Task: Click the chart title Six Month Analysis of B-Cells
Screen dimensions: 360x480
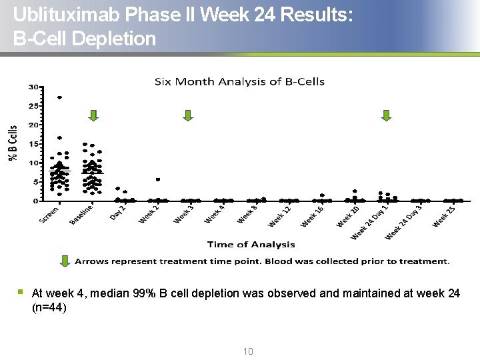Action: pyautogui.click(x=239, y=82)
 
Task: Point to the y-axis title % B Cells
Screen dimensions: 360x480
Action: pyautogui.click(x=13, y=143)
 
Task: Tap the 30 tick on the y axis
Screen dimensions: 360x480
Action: pyautogui.click(x=32, y=87)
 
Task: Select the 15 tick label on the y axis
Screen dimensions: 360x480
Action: pyautogui.click(x=32, y=144)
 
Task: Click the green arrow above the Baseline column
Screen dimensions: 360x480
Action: pyautogui.click(x=93, y=115)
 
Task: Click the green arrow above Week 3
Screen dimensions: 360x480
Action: pyautogui.click(x=188, y=115)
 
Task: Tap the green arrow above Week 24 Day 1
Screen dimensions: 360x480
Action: pyautogui.click(x=386, y=115)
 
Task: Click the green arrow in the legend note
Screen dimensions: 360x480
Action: pyautogui.click(x=65, y=261)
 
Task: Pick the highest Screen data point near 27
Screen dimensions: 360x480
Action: pyautogui.click(x=59, y=98)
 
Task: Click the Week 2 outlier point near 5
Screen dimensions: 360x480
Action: pyautogui.click(x=157, y=179)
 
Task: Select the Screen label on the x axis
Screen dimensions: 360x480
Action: pyautogui.click(x=49, y=215)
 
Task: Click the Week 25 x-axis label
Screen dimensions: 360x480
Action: pyautogui.click(x=444, y=216)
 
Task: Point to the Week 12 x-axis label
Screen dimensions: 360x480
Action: pyautogui.click(x=280, y=217)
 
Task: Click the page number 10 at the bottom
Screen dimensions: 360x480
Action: pyautogui.click(x=248, y=351)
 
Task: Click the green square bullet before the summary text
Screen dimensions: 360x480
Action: pyautogui.click(x=21, y=291)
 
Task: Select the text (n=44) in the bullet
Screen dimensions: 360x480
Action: pyautogui.click(x=49, y=308)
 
